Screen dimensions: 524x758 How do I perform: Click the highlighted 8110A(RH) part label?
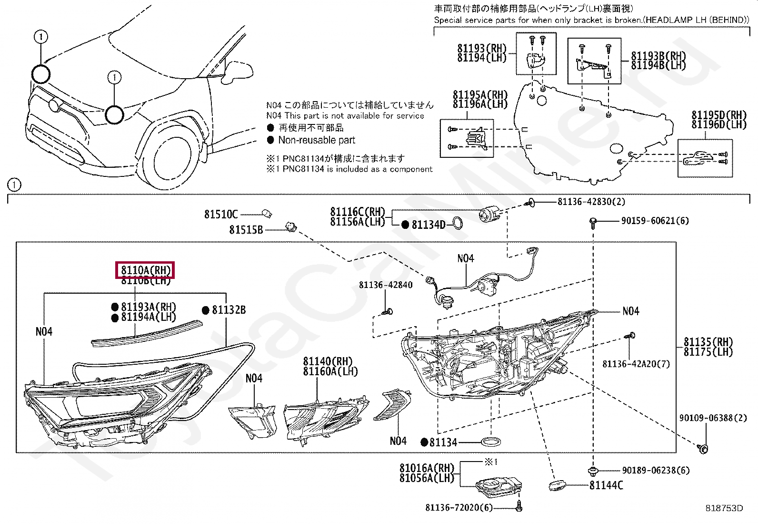click(146, 270)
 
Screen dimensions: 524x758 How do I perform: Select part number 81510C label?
click(220, 215)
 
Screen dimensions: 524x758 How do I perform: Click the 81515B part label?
click(246, 230)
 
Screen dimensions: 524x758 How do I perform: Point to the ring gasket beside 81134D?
click(456, 223)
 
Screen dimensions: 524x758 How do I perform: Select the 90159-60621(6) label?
click(655, 221)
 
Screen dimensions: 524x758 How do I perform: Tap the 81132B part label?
click(229, 310)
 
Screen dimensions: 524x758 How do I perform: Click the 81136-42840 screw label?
click(385, 285)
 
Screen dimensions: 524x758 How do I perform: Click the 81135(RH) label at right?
click(708, 342)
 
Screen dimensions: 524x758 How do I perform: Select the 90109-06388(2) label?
click(713, 418)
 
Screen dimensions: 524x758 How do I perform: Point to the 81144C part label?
click(606, 485)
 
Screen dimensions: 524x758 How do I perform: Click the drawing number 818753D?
click(724, 508)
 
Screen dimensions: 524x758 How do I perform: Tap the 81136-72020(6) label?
click(459, 508)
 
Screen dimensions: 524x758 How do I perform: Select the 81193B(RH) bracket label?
click(658, 56)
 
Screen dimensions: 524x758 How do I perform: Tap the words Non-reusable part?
click(317, 140)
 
